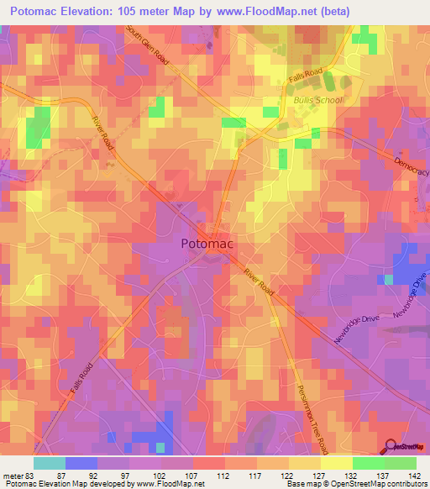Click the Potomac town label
207,244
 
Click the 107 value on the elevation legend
193,475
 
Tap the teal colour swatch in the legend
49,463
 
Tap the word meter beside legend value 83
13,475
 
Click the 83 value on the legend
31,475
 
